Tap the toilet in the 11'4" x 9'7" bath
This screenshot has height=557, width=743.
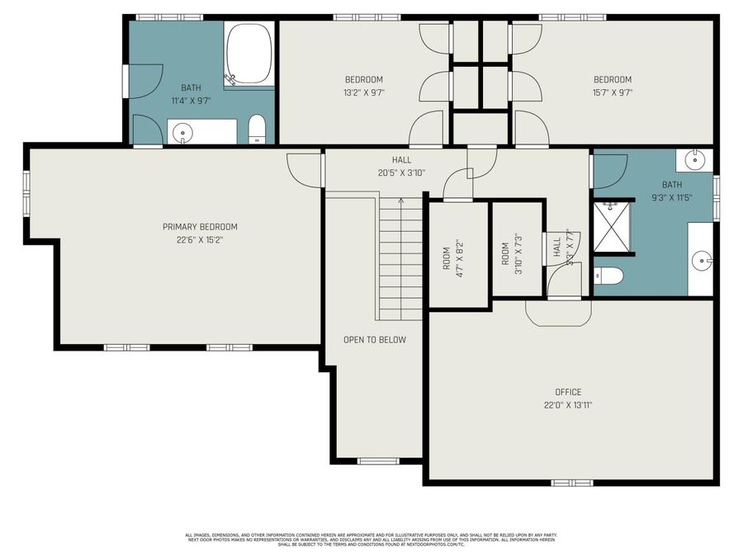pos(257,130)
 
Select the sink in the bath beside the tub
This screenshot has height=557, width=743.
pos(182,131)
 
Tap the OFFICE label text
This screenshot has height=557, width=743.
pos(568,392)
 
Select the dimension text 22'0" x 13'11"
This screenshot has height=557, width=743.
pos(568,405)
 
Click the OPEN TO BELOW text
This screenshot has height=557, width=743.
pos(375,339)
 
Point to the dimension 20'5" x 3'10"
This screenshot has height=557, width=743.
pos(402,172)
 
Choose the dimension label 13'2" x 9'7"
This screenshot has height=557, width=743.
pos(364,92)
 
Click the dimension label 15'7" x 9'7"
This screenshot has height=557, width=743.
pos(613,92)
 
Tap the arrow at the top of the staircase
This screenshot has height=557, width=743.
pos(401,201)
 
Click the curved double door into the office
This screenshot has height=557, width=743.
pos(559,311)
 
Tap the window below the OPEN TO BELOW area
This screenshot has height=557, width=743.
pos(375,460)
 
